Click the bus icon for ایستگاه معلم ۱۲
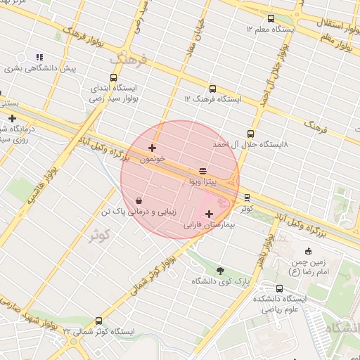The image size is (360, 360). pos(271,18)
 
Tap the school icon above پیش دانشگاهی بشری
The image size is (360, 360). pos(39,57)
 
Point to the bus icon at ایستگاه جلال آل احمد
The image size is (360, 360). pos(250,134)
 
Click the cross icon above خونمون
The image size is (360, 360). pos(153,148)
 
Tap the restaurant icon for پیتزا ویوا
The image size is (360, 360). pos(202,170)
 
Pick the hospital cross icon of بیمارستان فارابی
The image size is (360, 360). pos(209,214)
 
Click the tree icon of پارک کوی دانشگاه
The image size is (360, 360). pos(221,270)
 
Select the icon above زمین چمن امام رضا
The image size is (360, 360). pos(308,252)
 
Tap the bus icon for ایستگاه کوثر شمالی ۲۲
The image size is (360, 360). pos(98,321)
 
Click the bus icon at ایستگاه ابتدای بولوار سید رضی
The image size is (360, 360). pos(114,78)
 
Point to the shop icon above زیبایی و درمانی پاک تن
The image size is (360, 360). pos(139,200)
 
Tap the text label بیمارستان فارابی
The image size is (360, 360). pos(209,226)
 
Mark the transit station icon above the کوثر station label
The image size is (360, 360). pos(246,198)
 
